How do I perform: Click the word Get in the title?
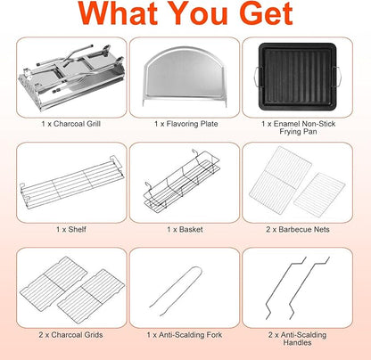267,13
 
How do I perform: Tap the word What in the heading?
118,13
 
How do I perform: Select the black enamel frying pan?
298,77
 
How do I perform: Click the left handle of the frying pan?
257,77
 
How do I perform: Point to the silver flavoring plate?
185,77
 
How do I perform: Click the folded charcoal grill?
71,78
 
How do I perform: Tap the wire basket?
182,181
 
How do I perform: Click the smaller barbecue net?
319,195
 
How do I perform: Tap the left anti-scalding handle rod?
285,288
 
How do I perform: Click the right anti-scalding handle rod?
309,288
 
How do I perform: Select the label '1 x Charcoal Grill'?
71,124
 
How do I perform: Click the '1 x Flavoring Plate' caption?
186,124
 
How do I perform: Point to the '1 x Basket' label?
185,229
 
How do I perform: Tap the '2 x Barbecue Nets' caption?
298,229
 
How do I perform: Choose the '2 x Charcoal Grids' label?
70,335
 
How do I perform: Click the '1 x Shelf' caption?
71,229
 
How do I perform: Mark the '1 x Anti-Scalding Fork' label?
185,335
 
